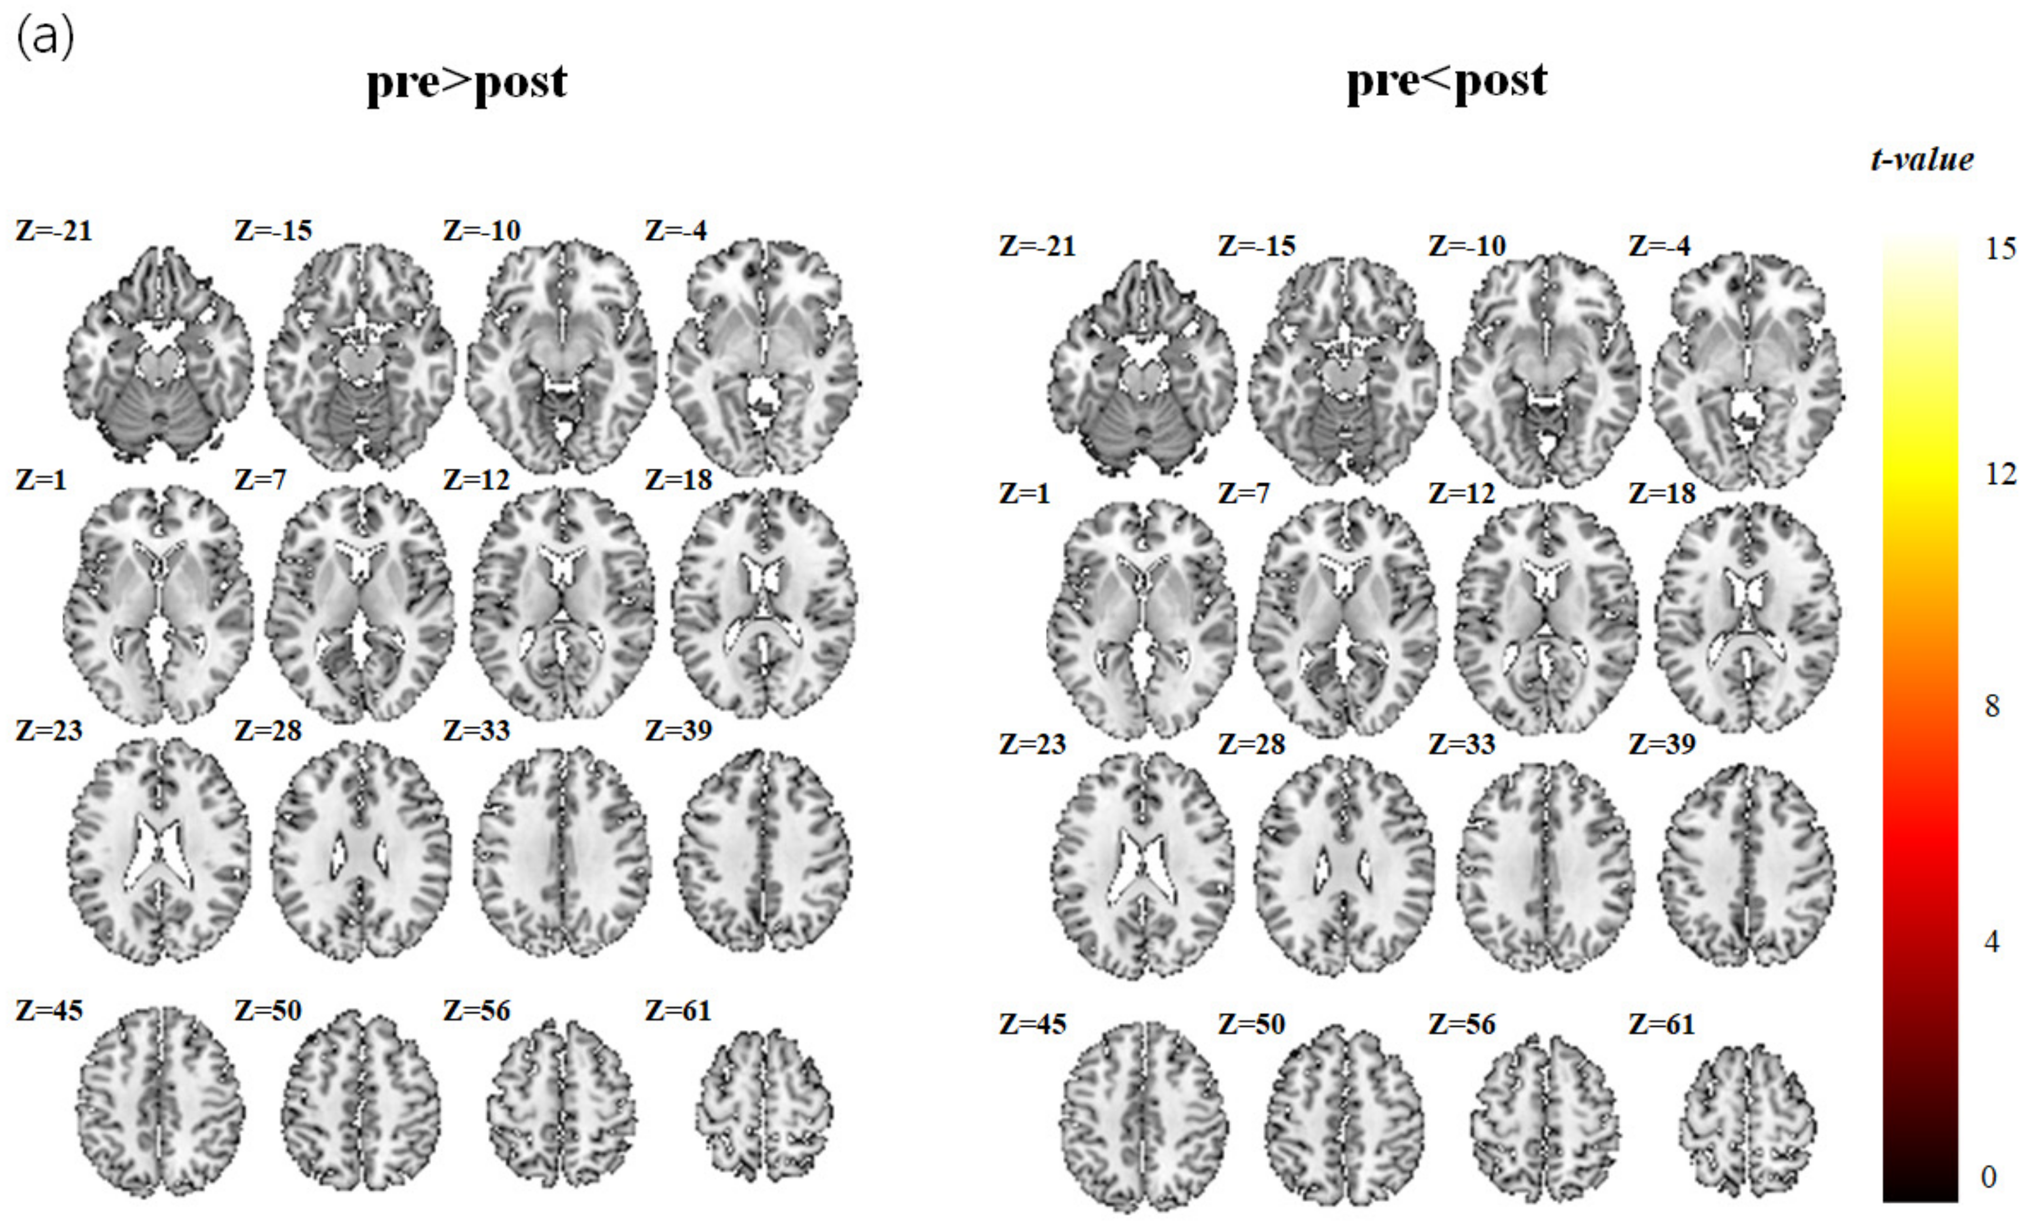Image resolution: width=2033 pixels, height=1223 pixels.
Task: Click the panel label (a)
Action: [45, 38]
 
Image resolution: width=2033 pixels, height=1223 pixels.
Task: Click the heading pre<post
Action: [1447, 82]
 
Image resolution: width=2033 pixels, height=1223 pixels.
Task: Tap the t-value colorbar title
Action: [1922, 159]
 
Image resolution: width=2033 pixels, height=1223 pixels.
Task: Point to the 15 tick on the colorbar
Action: [1999, 248]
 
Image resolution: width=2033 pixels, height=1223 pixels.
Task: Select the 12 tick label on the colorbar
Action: [1999, 474]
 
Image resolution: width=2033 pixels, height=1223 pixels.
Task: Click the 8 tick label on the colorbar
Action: [1992, 706]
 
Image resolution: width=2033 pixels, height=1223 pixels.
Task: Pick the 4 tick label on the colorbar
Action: [1992, 941]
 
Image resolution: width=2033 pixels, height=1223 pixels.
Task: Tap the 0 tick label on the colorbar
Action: [1988, 1177]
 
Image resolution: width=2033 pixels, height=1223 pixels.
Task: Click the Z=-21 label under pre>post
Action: [54, 230]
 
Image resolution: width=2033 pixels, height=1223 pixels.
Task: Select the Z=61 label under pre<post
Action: [1661, 1024]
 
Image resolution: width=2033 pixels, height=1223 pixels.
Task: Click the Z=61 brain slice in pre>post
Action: [764, 1104]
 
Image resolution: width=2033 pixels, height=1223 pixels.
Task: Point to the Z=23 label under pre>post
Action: [49, 730]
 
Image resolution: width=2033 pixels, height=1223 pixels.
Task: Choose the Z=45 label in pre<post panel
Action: [1032, 1024]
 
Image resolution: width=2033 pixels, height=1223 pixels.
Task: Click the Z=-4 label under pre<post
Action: [1659, 246]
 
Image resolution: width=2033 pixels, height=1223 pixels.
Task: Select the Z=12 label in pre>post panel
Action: [476, 480]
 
